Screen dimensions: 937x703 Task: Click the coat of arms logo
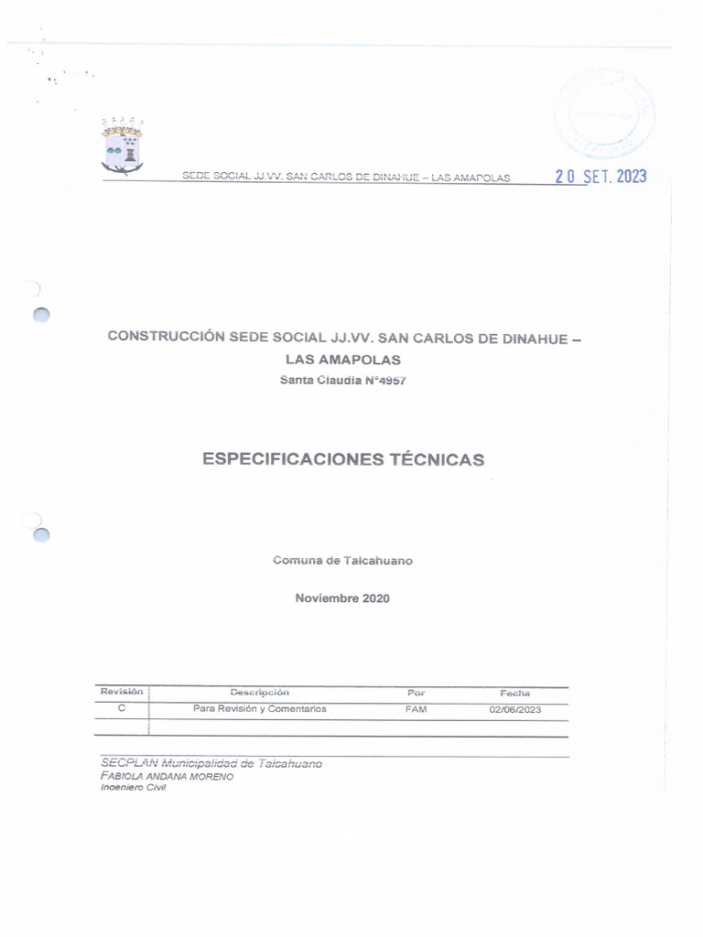pos(123,145)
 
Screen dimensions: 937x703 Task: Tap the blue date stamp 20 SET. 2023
pos(600,177)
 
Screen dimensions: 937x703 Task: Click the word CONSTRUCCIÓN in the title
pos(166,336)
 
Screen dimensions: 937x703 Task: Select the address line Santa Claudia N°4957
pos(342,381)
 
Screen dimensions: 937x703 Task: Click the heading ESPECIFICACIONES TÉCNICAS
pos(343,459)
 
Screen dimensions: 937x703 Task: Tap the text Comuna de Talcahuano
pos(342,560)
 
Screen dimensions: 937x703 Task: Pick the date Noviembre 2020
pos(342,598)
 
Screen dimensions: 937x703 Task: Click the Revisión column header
pos(122,692)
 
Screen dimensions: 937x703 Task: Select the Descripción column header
pos(260,693)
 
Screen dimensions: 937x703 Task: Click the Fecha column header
pos(515,693)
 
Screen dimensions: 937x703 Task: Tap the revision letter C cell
pos(122,709)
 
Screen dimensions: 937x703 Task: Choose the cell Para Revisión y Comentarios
pos(260,709)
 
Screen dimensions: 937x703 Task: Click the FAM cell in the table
pos(416,709)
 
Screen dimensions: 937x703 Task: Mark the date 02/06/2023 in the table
pos(515,709)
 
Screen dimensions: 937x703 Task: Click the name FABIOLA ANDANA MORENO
pos(168,776)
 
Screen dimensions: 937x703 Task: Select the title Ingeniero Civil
pos(127,788)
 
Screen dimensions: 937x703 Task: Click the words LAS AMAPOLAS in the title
pos(342,360)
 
